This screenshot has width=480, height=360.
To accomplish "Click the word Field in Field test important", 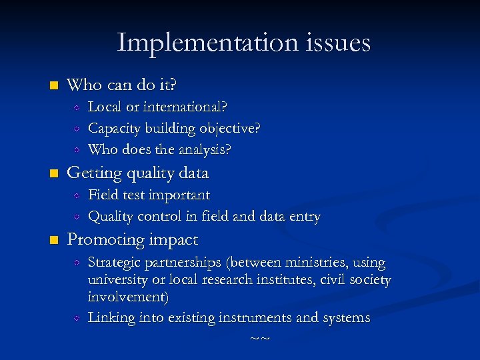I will tap(102, 195).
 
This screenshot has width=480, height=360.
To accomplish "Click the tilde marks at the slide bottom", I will tap(259, 339).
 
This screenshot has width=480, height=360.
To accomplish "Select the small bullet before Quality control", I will tap(77, 217).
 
